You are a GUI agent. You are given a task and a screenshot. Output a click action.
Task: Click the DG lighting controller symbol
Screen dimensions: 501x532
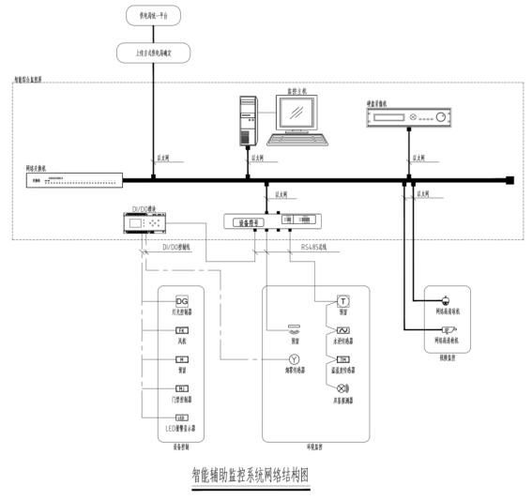pyautogui.click(x=182, y=299)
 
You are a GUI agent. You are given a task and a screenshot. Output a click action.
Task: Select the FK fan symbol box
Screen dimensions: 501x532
pyautogui.click(x=182, y=331)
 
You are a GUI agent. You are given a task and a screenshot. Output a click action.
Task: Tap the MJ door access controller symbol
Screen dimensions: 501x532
pyautogui.click(x=182, y=388)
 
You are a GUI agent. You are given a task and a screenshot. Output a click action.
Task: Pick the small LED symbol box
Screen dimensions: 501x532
pyautogui.click(x=182, y=417)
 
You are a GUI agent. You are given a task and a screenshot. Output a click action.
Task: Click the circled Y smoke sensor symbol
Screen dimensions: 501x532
pyautogui.click(x=292, y=359)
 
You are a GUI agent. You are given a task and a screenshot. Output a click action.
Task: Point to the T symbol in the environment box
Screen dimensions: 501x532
pyautogui.click(x=343, y=301)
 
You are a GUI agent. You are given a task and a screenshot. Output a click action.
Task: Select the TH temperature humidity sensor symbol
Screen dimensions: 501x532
pyautogui.click(x=343, y=359)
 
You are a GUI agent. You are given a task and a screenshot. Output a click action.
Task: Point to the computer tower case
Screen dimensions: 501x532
pyautogui.click(x=247, y=119)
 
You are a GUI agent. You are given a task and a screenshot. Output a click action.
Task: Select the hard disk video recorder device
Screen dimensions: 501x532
pyautogui.click(x=407, y=117)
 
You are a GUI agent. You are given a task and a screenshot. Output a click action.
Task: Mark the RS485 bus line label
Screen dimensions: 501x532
pyautogui.click(x=317, y=248)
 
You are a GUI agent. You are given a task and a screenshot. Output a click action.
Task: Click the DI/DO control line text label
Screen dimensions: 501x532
pyautogui.click(x=175, y=248)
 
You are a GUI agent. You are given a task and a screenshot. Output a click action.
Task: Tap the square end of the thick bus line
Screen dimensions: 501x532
pyautogui.click(x=510, y=179)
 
